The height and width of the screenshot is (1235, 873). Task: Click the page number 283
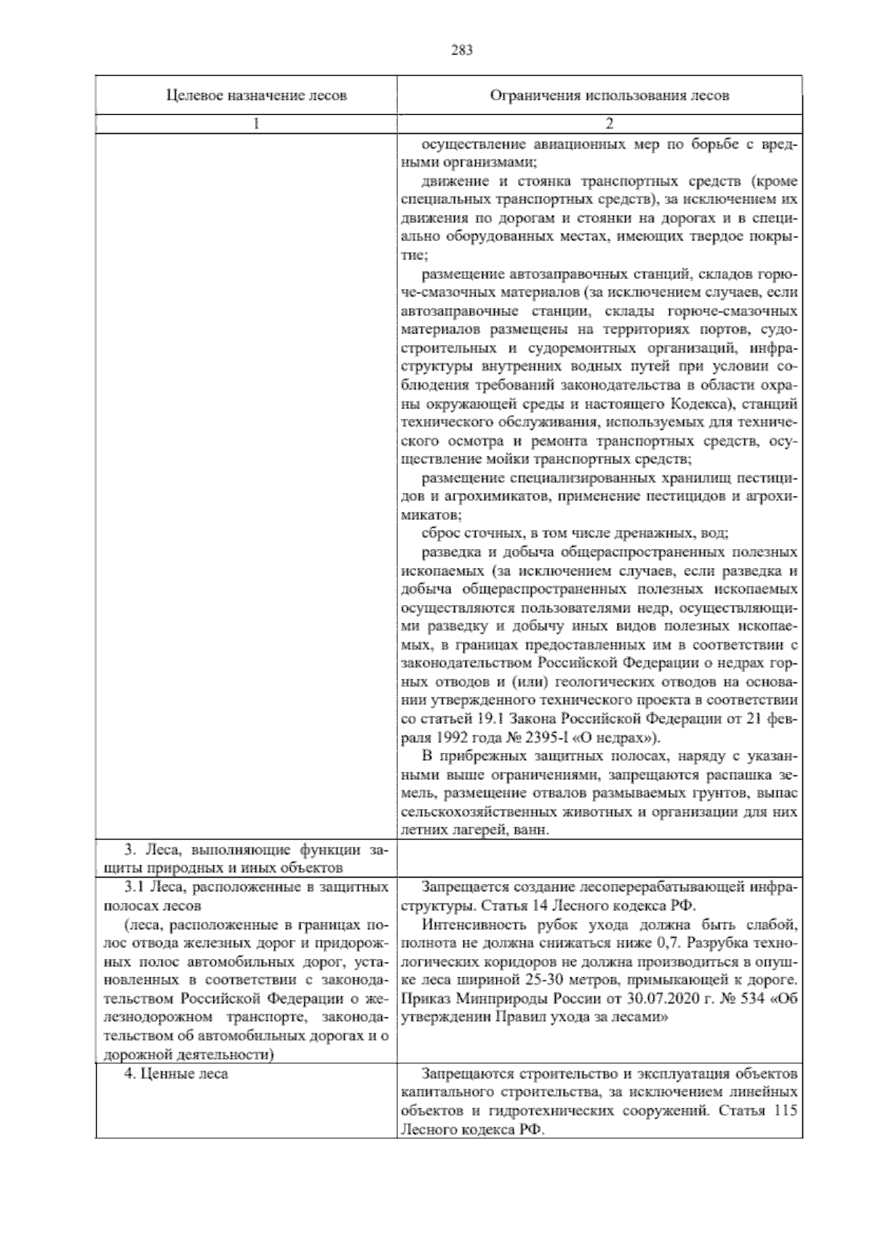click(x=461, y=50)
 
